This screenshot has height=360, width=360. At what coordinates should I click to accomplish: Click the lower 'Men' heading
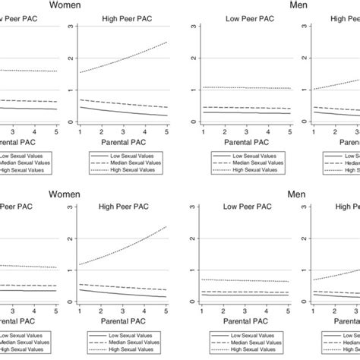(297, 194)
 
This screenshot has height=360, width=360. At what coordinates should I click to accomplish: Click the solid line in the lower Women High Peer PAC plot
(122, 294)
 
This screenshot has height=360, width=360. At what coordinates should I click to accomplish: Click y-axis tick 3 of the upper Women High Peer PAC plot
(71, 27)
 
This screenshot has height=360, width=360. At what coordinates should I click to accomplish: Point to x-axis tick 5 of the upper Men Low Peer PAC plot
(289, 131)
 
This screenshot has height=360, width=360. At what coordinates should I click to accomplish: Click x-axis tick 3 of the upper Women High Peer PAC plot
(123, 131)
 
